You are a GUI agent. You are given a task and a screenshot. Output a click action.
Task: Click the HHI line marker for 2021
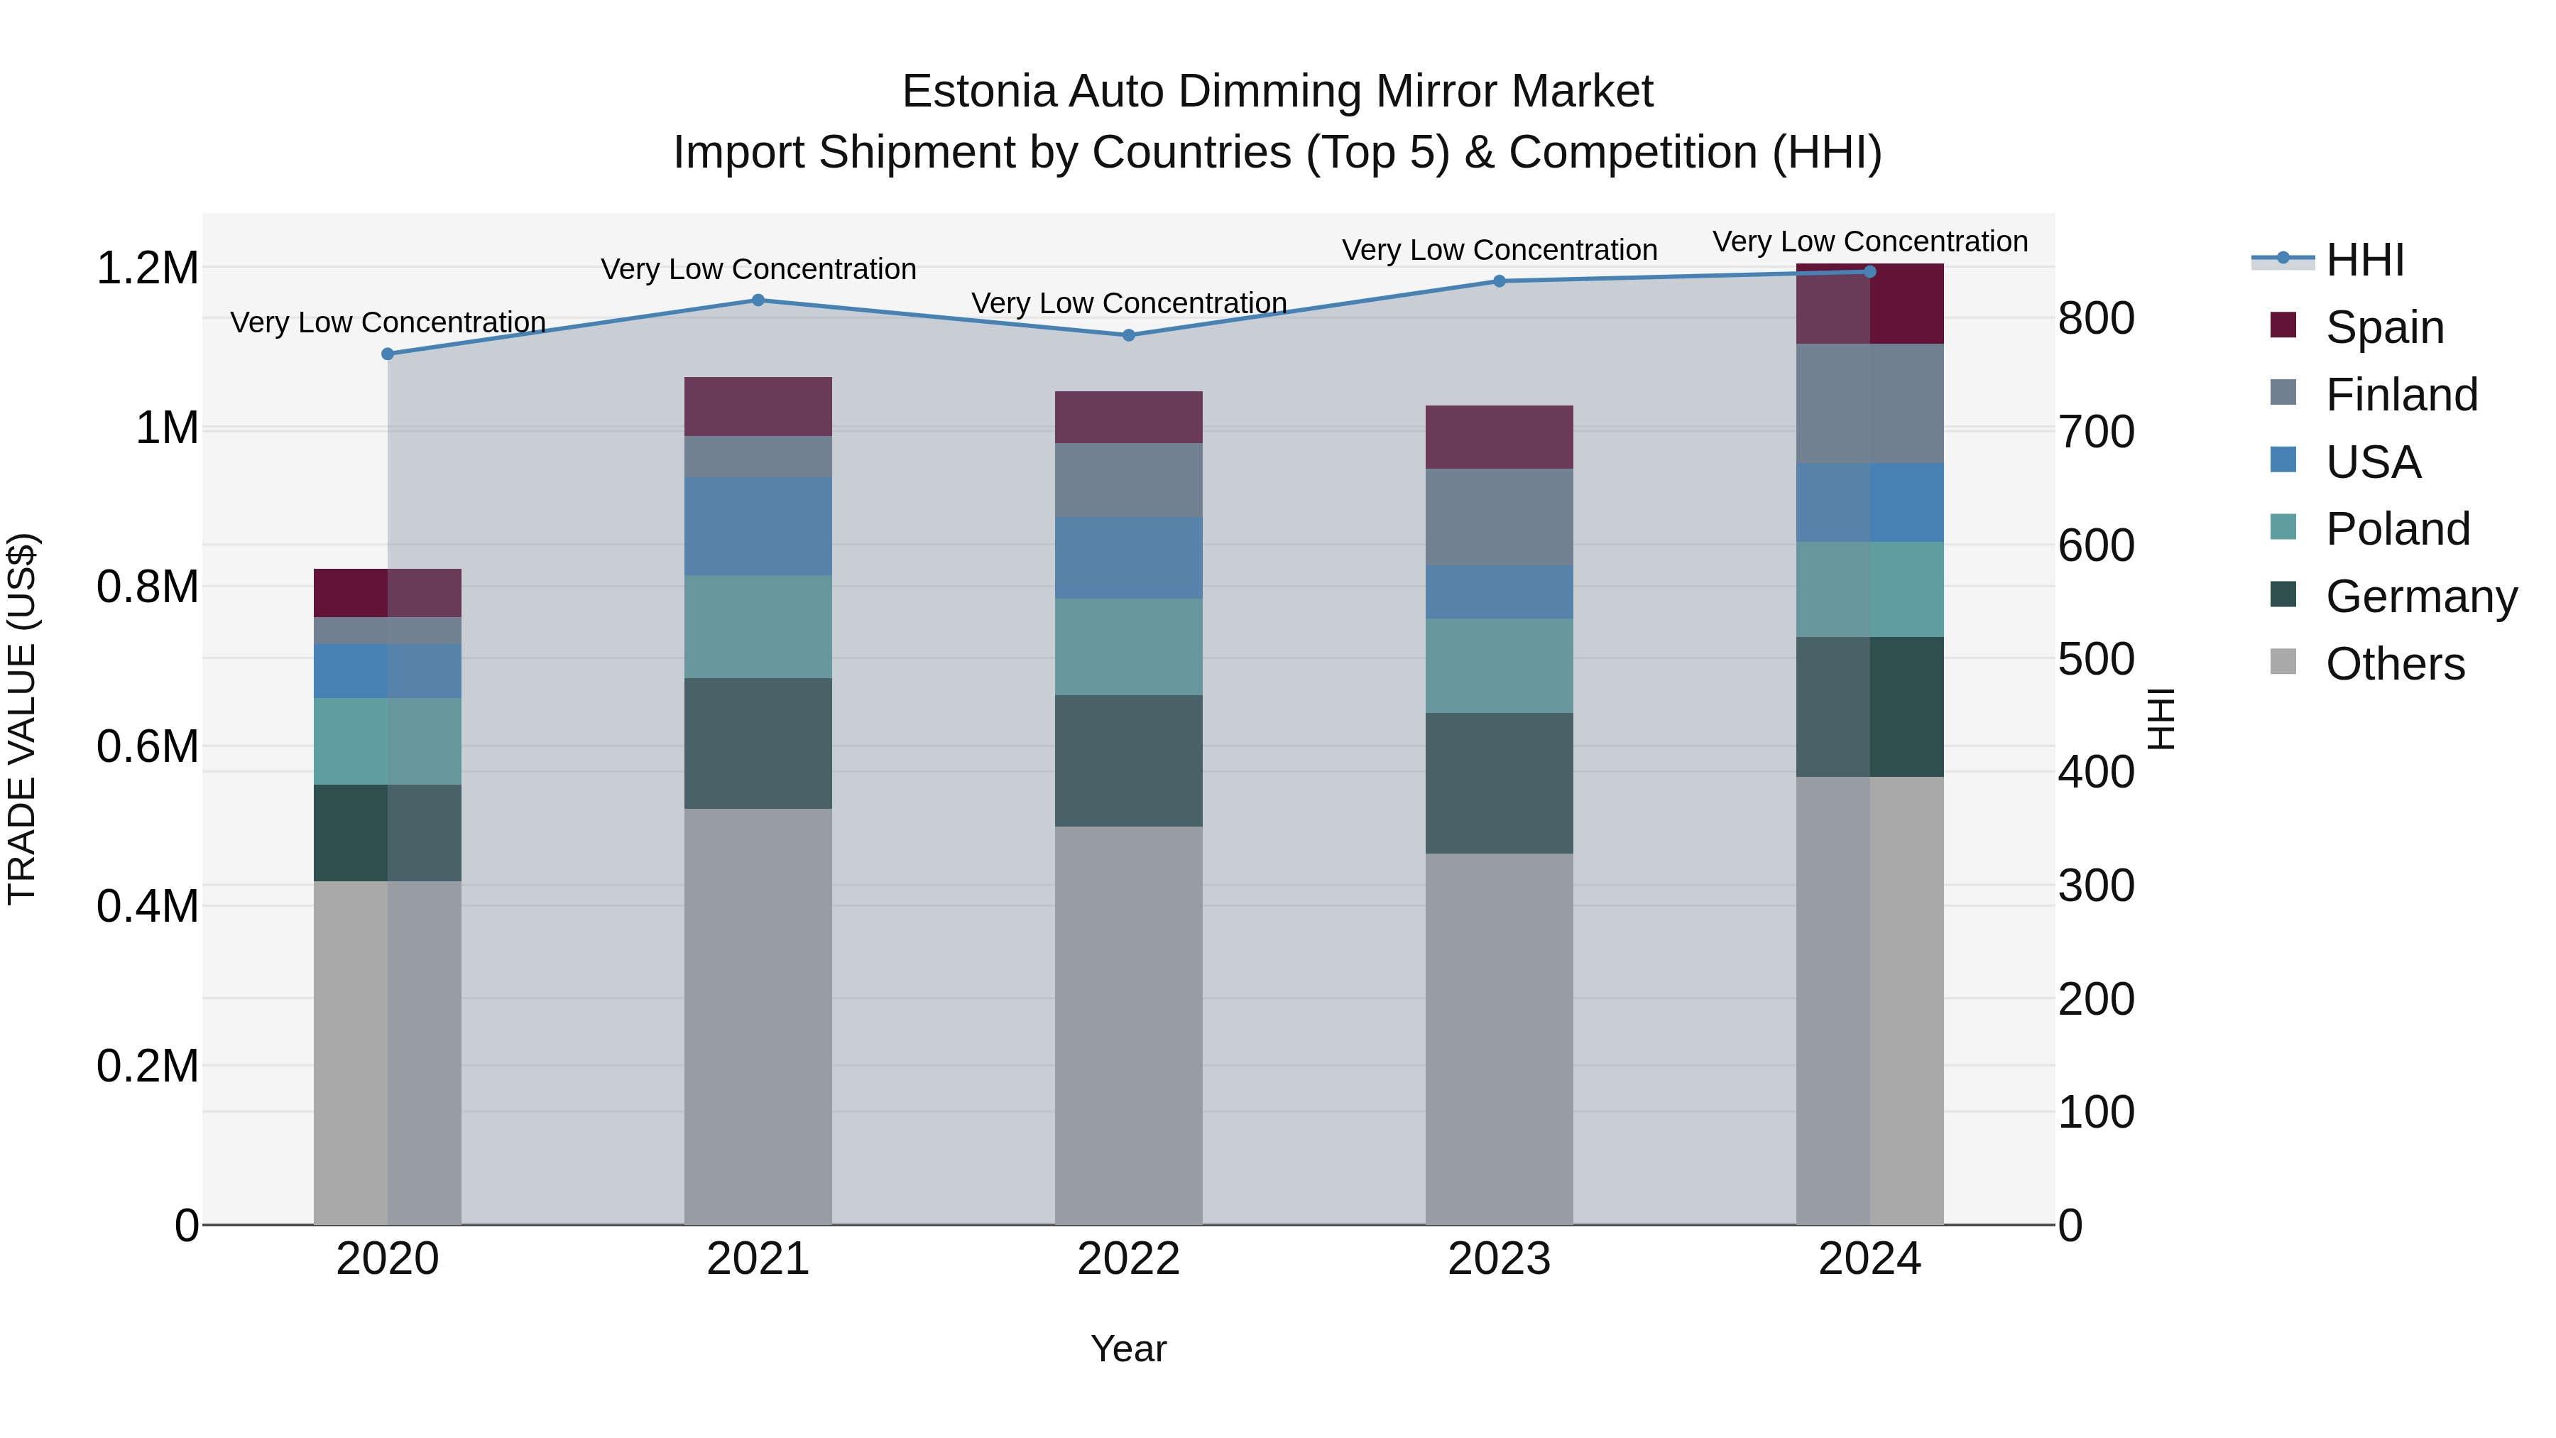pyautogui.click(x=758, y=300)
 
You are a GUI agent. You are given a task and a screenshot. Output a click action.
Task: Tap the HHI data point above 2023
pyautogui.click(x=1500, y=280)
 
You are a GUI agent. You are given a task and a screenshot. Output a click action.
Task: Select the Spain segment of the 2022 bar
pyautogui.click(x=1128, y=417)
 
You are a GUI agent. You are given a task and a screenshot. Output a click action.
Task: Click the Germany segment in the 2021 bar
pyautogui.click(x=758, y=743)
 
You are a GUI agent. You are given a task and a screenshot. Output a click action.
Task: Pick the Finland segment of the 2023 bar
pyautogui.click(x=1500, y=517)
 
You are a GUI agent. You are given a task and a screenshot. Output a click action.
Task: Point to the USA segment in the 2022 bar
pyautogui.click(x=1128, y=557)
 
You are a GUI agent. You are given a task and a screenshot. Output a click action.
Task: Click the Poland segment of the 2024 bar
pyautogui.click(x=1869, y=589)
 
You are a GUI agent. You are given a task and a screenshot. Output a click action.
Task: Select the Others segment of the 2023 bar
pyautogui.click(x=1500, y=1038)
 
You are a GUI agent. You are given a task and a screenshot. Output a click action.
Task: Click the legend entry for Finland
pyautogui.click(x=2401, y=395)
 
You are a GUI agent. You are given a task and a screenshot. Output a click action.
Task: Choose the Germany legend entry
pyautogui.click(x=2420, y=597)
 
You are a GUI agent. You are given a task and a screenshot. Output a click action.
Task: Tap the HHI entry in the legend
pyautogui.click(x=2364, y=260)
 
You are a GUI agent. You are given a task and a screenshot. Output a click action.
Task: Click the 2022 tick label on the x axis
pyautogui.click(x=1128, y=1259)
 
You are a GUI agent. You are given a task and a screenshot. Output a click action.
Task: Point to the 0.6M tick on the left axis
pyautogui.click(x=148, y=746)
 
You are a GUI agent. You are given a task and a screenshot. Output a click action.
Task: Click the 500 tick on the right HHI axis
pyautogui.click(x=2096, y=659)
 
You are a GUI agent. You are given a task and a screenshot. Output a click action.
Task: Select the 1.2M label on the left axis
pyautogui.click(x=148, y=268)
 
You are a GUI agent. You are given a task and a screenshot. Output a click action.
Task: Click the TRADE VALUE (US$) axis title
pyautogui.click(x=22, y=719)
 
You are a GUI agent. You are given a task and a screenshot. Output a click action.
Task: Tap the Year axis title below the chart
pyautogui.click(x=1128, y=1349)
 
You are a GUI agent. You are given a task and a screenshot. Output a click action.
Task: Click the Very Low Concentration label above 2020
pyautogui.click(x=388, y=322)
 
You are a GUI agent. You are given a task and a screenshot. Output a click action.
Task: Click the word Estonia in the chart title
pyautogui.click(x=979, y=92)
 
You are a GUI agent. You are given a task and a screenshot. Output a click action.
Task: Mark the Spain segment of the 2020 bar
pyautogui.click(x=388, y=592)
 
